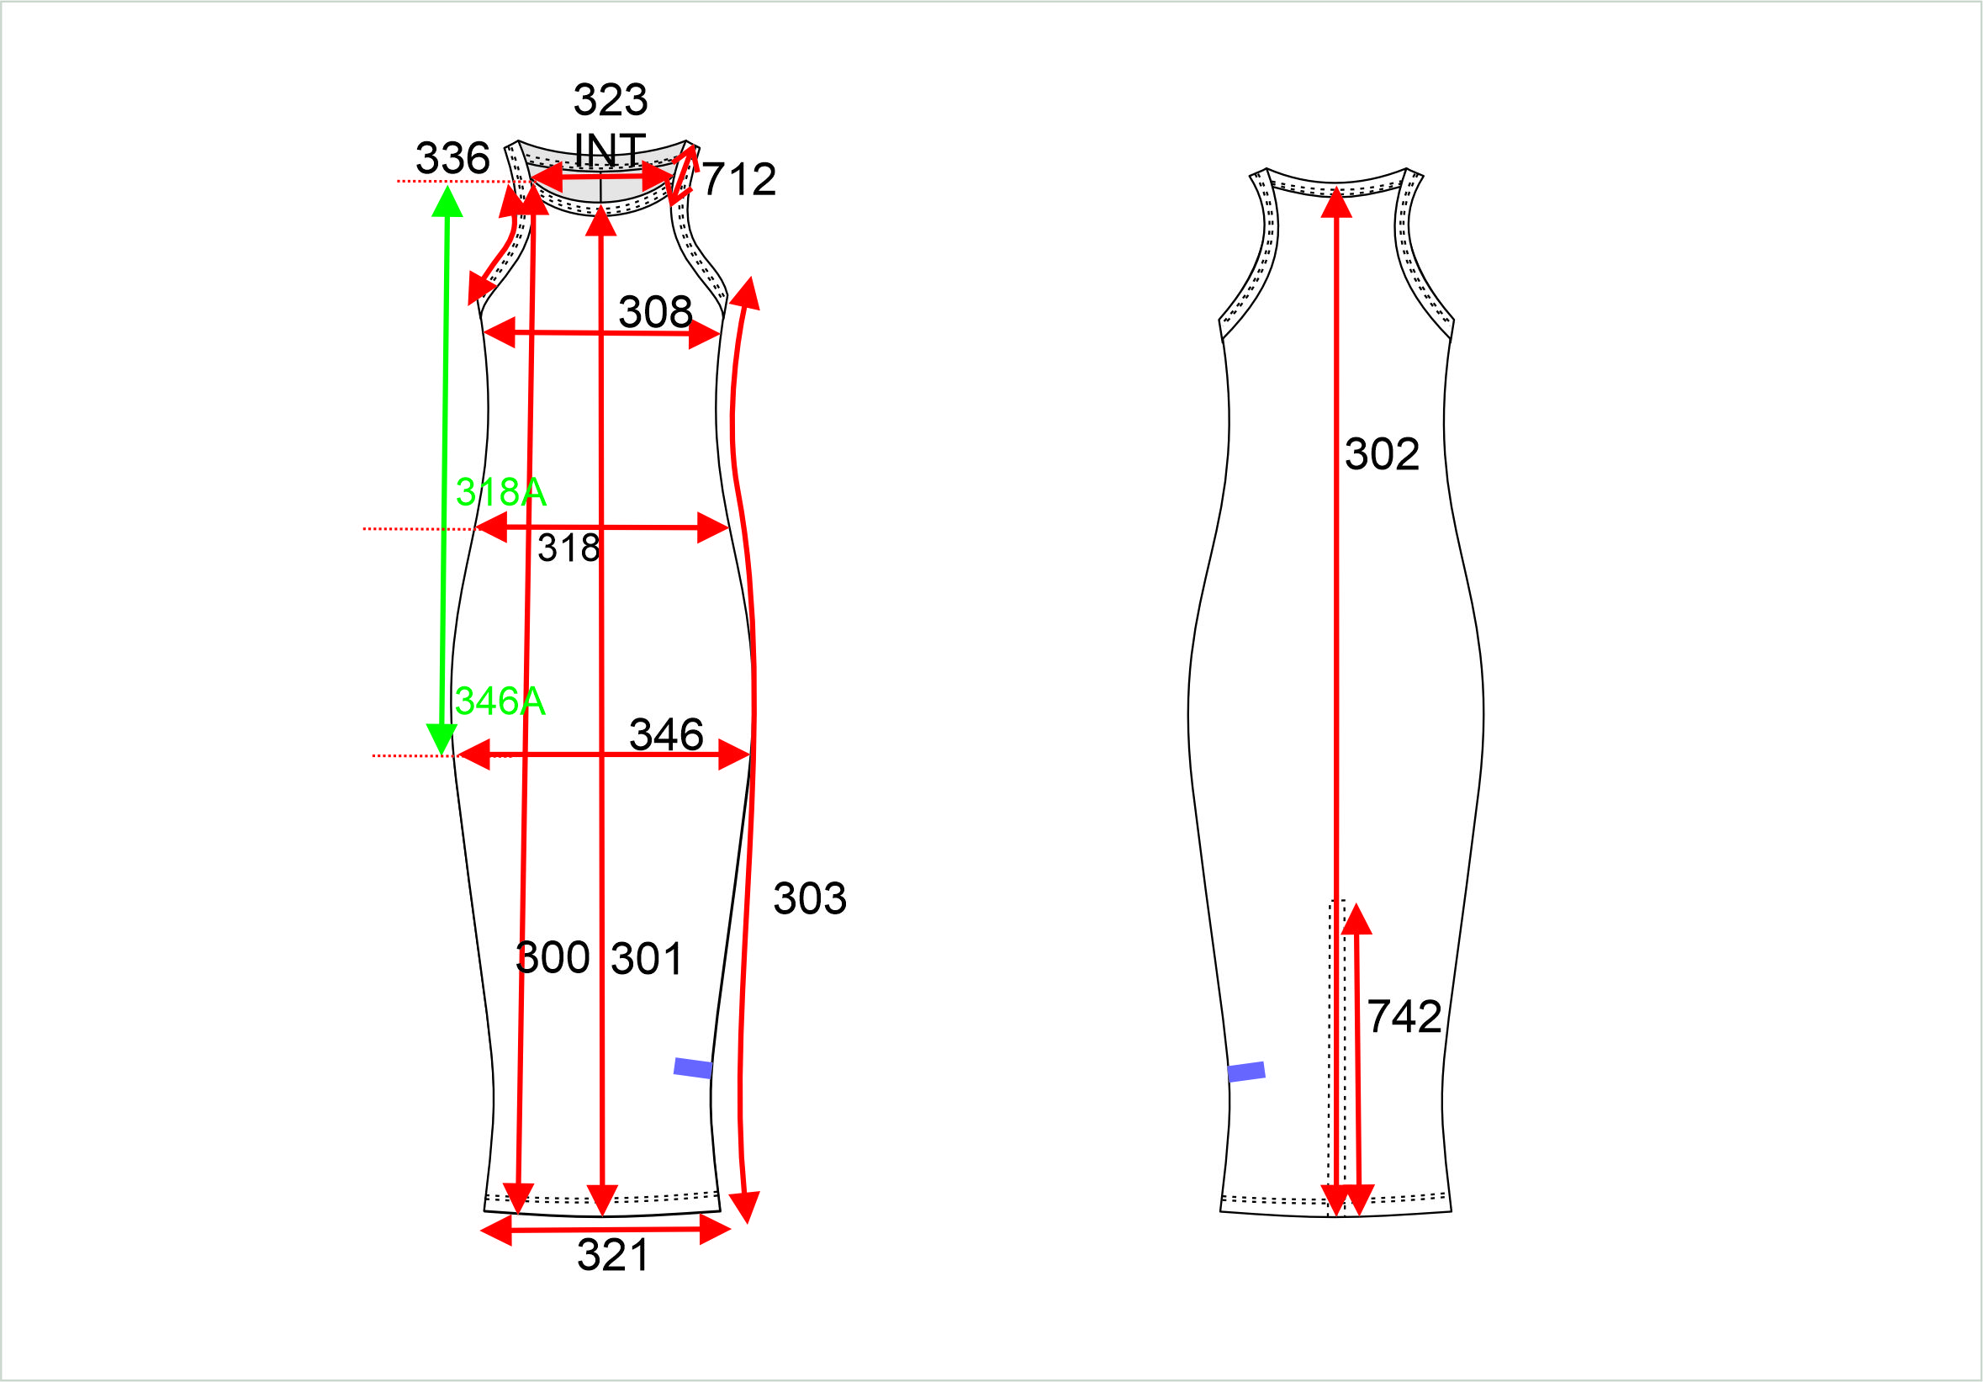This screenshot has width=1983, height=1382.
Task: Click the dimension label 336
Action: (x=452, y=158)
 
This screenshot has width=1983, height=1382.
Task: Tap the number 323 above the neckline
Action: (x=611, y=100)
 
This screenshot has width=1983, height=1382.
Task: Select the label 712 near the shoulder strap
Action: (x=738, y=180)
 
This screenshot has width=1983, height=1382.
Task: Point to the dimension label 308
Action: (x=655, y=312)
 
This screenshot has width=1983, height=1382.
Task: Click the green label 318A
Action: (x=501, y=492)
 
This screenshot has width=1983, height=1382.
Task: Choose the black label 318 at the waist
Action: (x=568, y=548)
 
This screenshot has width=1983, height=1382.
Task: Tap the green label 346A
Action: (x=500, y=701)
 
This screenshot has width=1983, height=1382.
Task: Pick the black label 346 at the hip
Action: (x=666, y=734)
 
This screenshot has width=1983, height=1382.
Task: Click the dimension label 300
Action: (x=553, y=957)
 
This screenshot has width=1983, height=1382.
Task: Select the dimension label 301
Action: (x=647, y=959)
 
